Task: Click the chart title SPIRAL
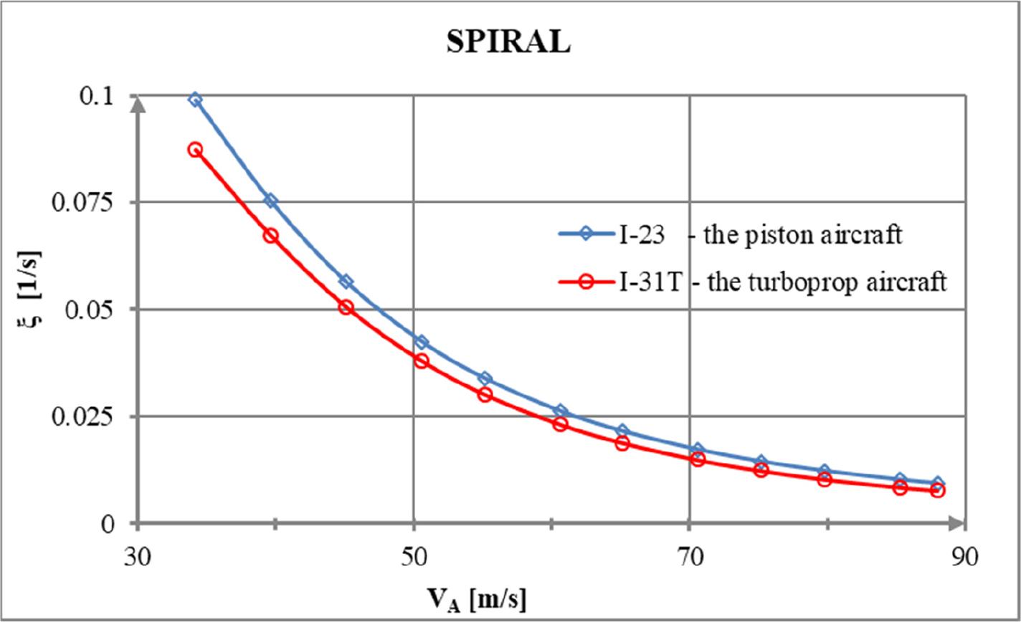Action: [508, 43]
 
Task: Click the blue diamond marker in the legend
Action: [585, 235]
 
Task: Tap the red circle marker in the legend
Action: [585, 282]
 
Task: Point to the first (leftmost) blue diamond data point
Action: [195, 100]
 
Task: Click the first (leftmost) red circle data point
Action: [195, 150]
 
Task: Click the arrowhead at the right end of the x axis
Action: [957, 523]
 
